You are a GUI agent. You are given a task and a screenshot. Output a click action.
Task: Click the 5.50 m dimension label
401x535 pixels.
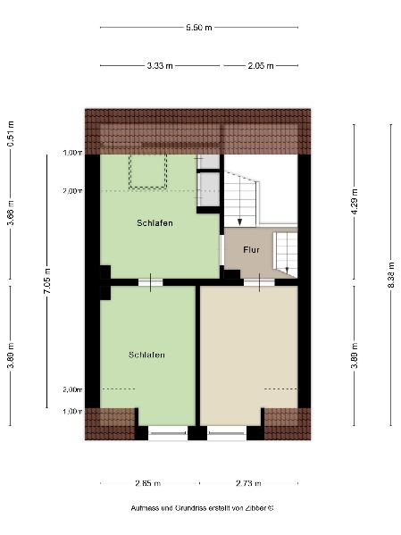[199, 28]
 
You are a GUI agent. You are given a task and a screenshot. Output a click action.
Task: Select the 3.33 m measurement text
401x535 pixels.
[160, 65]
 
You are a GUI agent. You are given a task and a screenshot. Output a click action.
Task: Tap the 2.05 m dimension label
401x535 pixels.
[261, 65]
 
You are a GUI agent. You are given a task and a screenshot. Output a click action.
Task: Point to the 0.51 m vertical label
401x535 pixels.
[11, 134]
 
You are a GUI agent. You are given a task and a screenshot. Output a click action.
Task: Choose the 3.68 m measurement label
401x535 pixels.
[11, 213]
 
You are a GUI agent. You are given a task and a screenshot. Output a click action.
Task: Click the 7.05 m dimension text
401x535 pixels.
[47, 280]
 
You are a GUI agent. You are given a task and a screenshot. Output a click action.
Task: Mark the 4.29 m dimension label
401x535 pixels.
[355, 201]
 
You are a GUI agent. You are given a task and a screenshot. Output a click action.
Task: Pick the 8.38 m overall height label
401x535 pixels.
[391, 275]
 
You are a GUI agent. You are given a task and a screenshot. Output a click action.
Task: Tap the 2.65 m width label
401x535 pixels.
[147, 483]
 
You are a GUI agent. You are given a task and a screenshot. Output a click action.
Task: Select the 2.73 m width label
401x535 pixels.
[248, 483]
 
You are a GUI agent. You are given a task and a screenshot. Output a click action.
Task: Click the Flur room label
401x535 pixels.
[251, 250]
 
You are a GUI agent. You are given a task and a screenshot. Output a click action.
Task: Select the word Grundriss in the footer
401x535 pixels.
[190, 508]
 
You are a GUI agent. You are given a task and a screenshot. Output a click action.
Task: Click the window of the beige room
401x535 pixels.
[227, 433]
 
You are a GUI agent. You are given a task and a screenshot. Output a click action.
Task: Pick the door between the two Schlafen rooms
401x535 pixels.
[151, 282]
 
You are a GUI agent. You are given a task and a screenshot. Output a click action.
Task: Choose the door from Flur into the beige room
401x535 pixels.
[259, 282]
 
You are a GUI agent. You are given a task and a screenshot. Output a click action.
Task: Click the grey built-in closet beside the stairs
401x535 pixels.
[208, 181]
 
